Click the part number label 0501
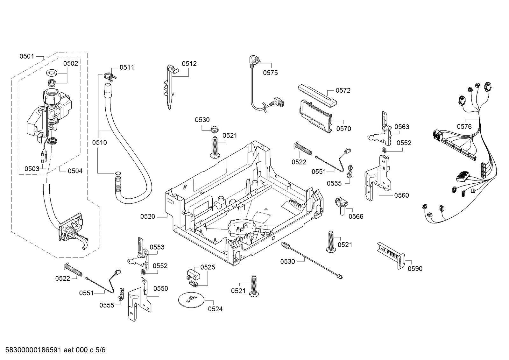(27, 56)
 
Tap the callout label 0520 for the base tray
(148, 217)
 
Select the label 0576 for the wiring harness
(464, 127)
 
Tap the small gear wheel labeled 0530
(215, 129)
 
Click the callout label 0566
(356, 217)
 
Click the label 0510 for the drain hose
(100, 142)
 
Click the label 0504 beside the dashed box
(75, 171)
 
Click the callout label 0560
(401, 195)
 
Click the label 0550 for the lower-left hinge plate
(160, 288)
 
